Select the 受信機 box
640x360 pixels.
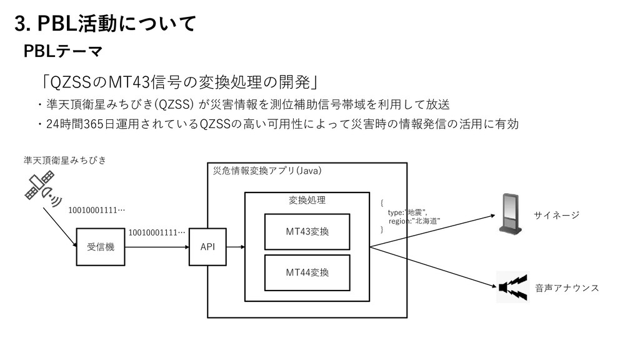click(x=96, y=247)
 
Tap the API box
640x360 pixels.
click(x=207, y=247)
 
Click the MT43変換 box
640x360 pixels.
click(x=307, y=232)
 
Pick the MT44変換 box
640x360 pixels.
click(x=307, y=272)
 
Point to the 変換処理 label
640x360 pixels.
click(x=307, y=200)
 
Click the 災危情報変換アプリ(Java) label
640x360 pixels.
click(x=267, y=171)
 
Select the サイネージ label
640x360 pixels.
click(x=556, y=216)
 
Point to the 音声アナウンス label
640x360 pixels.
click(x=567, y=288)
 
